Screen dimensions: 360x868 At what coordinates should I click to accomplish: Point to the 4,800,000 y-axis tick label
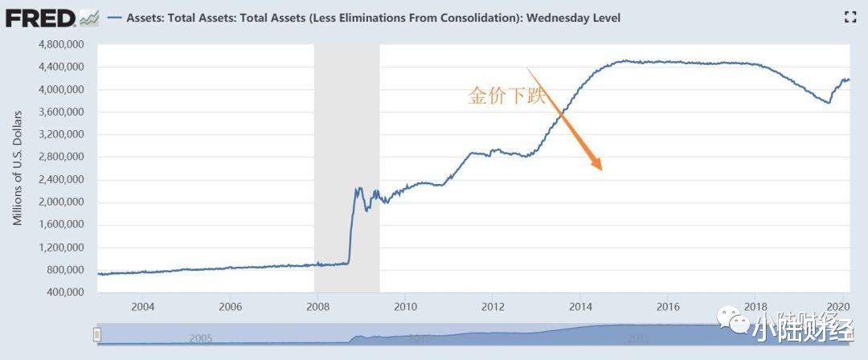pos(62,44)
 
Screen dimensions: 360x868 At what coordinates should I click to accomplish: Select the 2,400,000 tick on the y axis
pos(62,179)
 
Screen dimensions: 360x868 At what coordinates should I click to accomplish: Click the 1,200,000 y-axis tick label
pos(62,247)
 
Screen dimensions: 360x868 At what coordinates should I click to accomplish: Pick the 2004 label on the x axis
pos(142,307)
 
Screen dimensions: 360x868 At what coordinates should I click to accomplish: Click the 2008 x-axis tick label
pos(317,307)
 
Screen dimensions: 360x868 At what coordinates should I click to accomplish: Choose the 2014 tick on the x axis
pos(580,307)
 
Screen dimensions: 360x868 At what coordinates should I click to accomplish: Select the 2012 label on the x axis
pos(493,307)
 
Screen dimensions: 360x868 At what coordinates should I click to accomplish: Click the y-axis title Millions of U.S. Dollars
pos(18,168)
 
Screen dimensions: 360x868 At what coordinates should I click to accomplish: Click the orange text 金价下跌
pos(506,97)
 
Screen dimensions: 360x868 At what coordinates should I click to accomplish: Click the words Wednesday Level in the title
pos(579,18)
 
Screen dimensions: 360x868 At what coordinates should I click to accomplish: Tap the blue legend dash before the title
pos(113,18)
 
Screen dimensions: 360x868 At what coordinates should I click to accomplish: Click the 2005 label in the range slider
pos(201,338)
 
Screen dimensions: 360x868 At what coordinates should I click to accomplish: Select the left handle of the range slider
pos(97,334)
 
